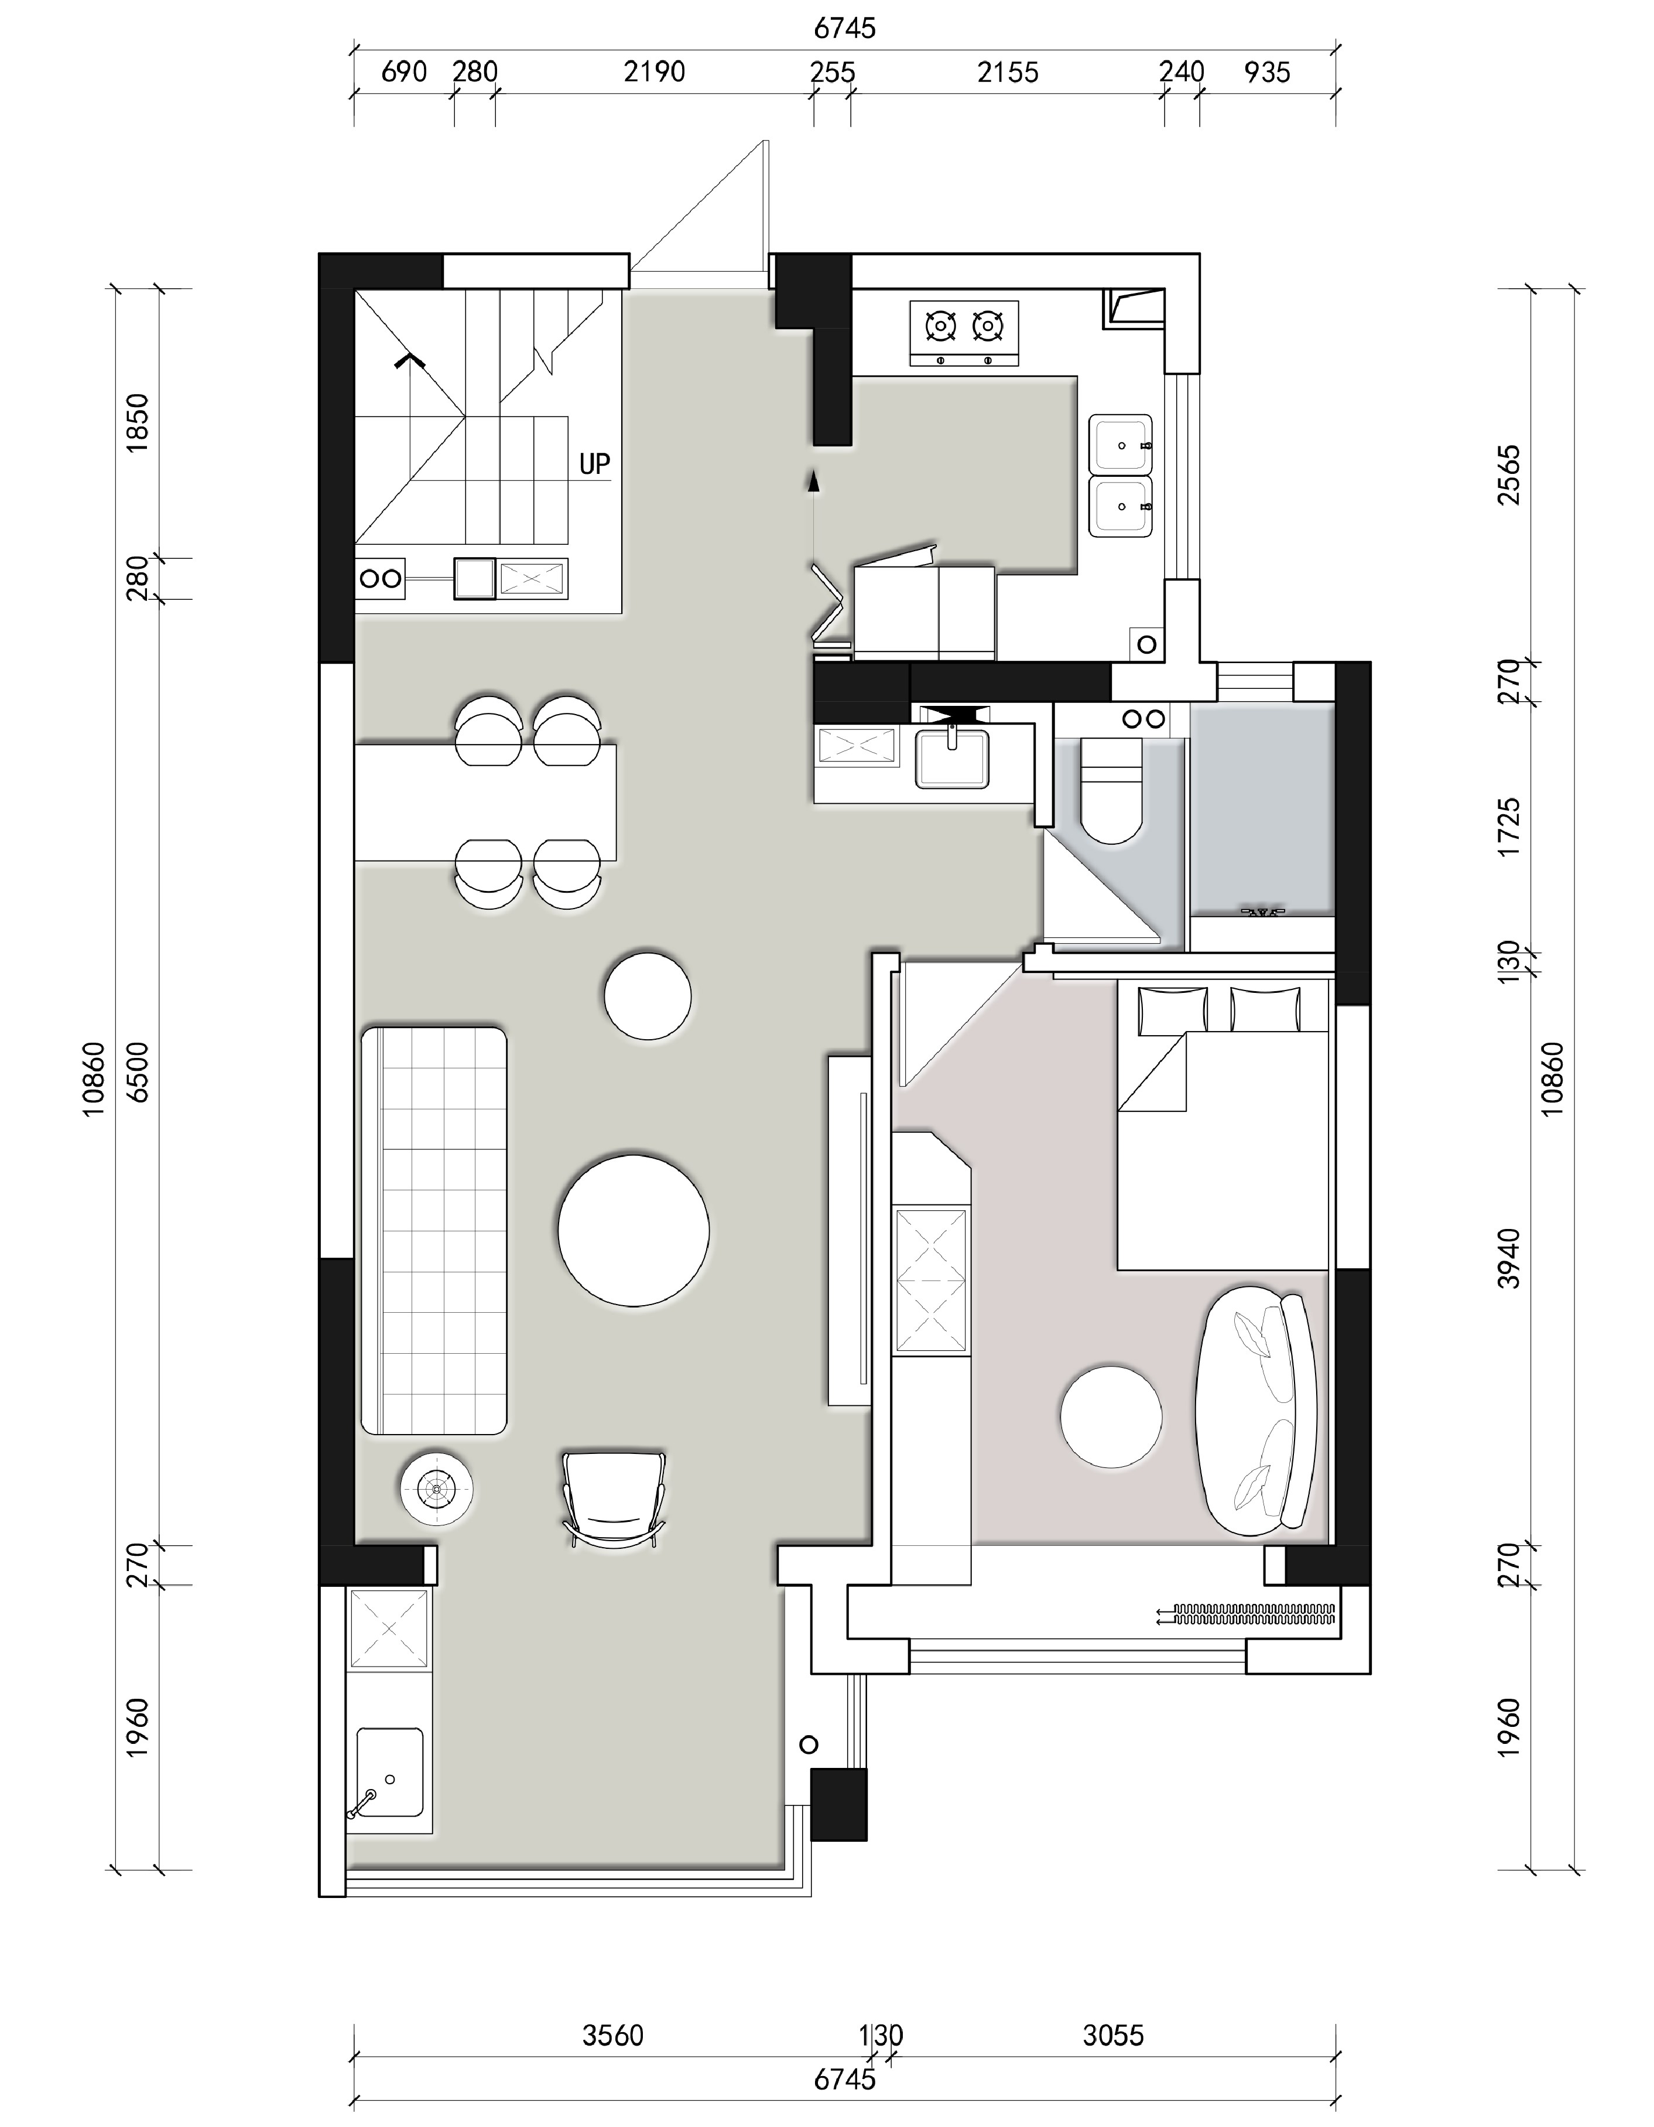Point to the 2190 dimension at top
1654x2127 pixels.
(x=654, y=72)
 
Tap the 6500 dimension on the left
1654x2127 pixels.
(x=139, y=1071)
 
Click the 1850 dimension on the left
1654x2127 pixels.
(x=139, y=422)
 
